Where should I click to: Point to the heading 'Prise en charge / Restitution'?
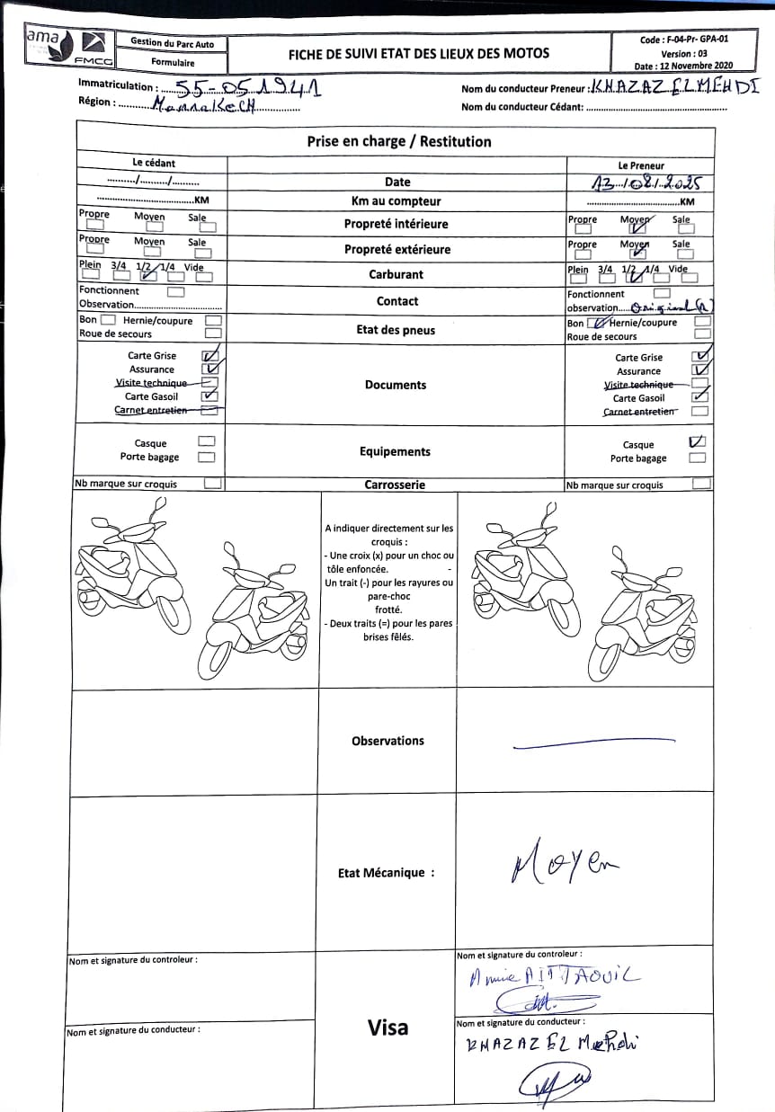[398, 141]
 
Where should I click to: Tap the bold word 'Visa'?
[387, 1027]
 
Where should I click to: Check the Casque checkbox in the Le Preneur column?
[697, 442]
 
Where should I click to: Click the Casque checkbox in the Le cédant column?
[206, 441]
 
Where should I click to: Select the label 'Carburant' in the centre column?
[396, 274]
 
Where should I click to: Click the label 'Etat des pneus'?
[396, 330]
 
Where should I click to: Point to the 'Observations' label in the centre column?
[387, 741]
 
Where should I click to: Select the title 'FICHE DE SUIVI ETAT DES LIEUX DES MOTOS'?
[419, 53]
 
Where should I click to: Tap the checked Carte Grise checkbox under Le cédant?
[210, 355]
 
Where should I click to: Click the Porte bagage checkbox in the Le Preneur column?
[697, 458]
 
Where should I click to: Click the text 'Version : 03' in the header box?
[684, 53]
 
